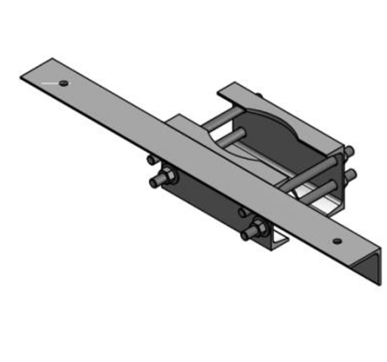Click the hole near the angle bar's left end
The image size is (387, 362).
click(x=63, y=83)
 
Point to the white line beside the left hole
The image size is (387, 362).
click(x=49, y=82)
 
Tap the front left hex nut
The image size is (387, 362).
click(x=169, y=180)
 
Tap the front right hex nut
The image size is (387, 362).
click(x=258, y=230)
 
